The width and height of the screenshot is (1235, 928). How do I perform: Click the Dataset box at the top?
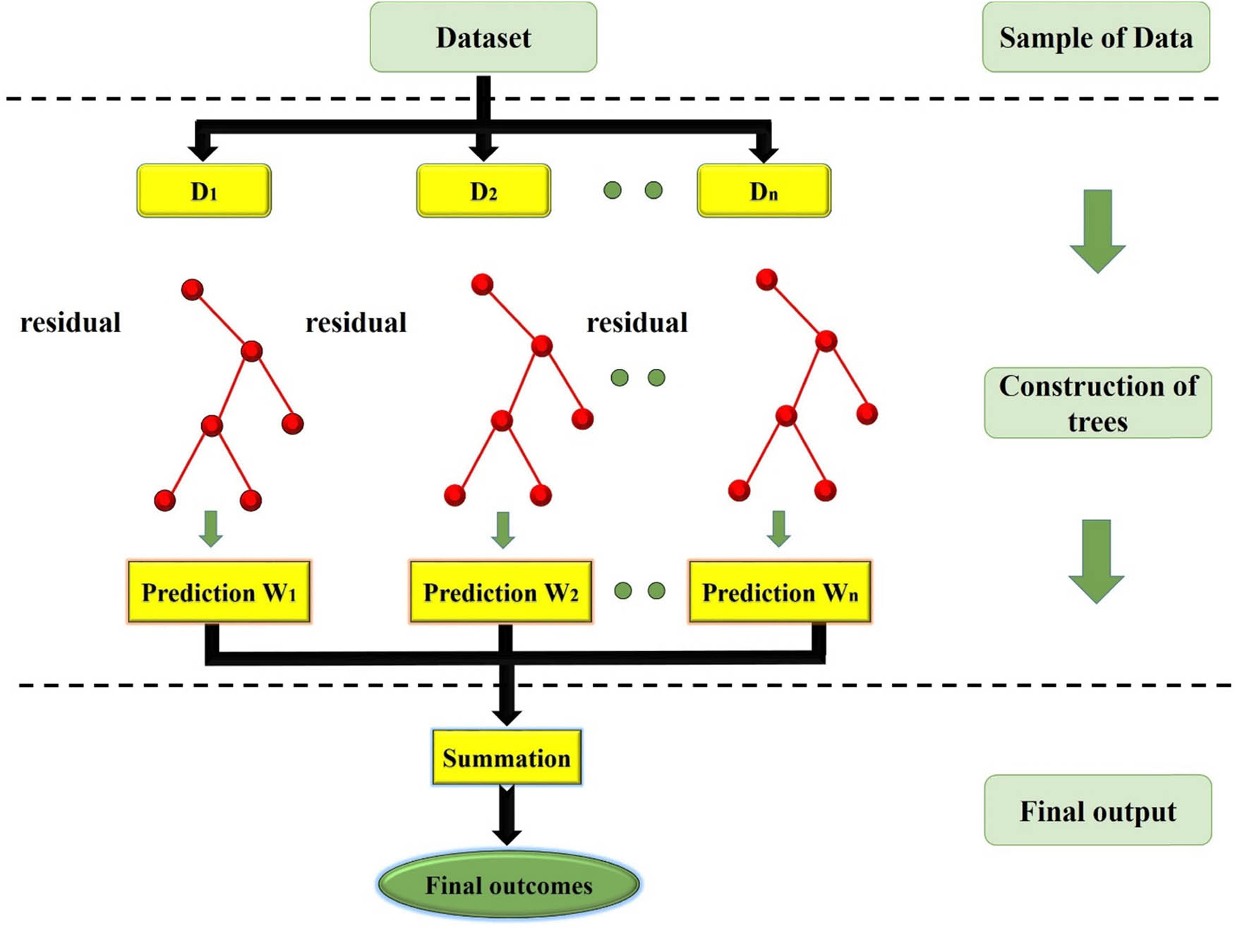(x=483, y=37)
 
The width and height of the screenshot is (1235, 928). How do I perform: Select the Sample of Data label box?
(x=1096, y=37)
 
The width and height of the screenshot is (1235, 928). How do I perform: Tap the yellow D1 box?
(x=204, y=191)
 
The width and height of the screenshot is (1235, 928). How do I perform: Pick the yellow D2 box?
(x=483, y=191)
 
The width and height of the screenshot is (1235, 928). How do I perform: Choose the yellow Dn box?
(x=764, y=191)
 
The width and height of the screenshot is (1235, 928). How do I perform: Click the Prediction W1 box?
(x=219, y=592)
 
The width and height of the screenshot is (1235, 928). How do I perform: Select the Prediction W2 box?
(x=500, y=592)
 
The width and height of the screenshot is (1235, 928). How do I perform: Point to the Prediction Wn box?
(x=780, y=592)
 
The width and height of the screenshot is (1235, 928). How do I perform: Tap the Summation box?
(x=507, y=758)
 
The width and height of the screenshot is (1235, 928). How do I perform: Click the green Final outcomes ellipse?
(x=508, y=886)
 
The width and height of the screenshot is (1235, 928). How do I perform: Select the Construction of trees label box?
(x=1098, y=403)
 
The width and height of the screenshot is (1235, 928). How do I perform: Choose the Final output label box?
(x=1098, y=811)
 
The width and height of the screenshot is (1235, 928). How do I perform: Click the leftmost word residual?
(x=71, y=323)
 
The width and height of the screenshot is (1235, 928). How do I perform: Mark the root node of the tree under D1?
(x=193, y=289)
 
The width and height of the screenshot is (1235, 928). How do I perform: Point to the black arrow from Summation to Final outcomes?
(x=507, y=814)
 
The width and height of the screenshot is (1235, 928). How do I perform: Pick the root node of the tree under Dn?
(x=766, y=279)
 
